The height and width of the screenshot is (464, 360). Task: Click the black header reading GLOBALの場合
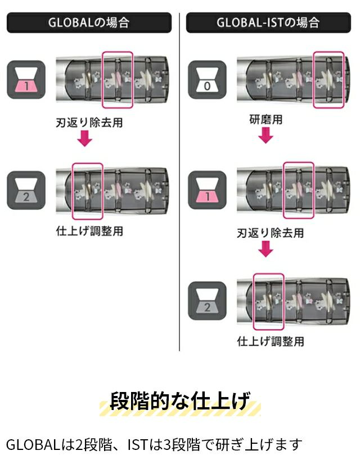click(89, 22)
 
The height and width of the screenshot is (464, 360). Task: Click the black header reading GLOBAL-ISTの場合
click(268, 22)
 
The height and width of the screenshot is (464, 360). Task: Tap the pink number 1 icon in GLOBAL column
click(26, 79)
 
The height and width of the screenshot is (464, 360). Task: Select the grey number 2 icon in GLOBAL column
click(26, 190)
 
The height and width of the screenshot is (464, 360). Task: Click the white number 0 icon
click(207, 79)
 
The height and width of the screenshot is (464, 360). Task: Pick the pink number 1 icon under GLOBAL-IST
click(207, 190)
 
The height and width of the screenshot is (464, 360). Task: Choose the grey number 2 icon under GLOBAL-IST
click(207, 301)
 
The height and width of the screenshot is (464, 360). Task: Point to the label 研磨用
click(266, 120)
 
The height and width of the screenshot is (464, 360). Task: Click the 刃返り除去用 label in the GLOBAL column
click(89, 123)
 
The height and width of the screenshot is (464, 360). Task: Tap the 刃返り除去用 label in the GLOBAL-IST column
click(271, 233)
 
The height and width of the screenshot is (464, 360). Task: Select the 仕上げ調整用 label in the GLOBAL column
click(89, 231)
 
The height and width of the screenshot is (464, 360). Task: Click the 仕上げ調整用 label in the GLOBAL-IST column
click(271, 341)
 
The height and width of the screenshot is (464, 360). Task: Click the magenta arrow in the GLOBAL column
click(85, 138)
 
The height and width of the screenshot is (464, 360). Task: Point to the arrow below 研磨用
click(265, 136)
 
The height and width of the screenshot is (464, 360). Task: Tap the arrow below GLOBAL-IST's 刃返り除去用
click(265, 249)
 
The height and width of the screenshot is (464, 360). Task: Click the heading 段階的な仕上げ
click(180, 400)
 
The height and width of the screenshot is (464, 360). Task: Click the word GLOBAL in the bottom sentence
click(33, 445)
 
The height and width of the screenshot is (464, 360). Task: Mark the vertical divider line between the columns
click(179, 182)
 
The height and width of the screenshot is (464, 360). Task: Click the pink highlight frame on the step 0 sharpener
click(328, 80)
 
